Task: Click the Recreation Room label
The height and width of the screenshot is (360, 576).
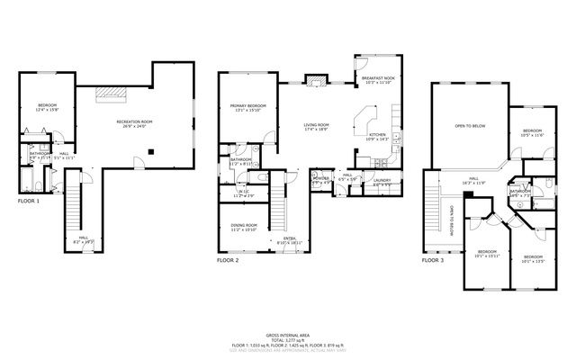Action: point(133,121)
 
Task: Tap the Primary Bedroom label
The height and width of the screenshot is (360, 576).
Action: point(248,105)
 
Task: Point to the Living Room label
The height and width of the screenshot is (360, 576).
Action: point(316,125)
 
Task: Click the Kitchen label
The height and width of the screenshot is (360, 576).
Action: point(376,135)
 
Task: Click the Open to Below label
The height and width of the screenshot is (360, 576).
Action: point(470,126)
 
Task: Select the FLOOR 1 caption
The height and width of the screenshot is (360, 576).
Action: point(29,201)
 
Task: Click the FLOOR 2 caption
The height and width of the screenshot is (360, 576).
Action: point(228,259)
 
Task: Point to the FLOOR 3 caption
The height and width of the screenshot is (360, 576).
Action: point(433,259)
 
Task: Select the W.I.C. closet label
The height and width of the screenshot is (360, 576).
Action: point(243,192)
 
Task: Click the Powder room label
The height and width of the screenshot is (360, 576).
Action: point(320,178)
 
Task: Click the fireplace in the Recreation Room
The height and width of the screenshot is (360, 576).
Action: point(112,92)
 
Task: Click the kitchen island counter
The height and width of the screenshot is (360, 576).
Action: point(366,118)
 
